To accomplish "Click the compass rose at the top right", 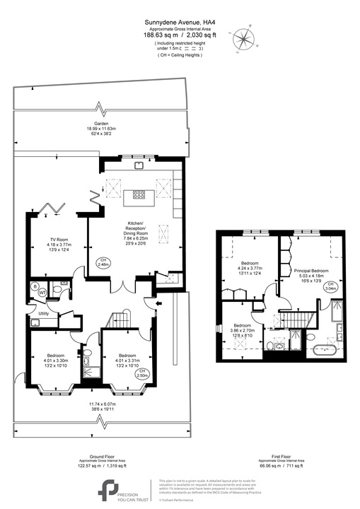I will point(245,37).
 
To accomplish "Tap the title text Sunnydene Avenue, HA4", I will point(179,22).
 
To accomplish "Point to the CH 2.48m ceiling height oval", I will point(105,262).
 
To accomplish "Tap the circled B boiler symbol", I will point(35,286).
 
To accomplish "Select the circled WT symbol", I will point(42,291).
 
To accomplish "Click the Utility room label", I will point(43,312).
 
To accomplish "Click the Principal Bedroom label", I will point(312,270).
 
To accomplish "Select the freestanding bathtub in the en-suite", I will point(328,348).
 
